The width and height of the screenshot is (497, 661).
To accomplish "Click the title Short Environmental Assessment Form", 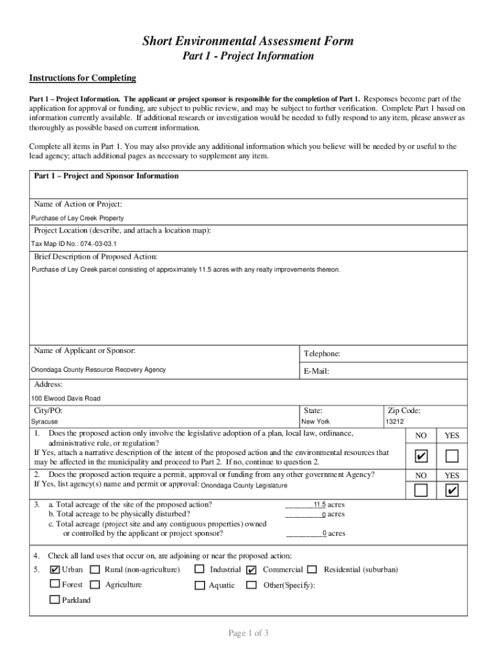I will tap(248, 41).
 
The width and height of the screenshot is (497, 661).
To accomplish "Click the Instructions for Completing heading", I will tap(83, 78).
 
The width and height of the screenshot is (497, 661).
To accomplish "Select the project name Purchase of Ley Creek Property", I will tap(77, 218).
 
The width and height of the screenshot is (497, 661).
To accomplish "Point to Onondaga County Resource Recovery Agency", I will tap(98, 370).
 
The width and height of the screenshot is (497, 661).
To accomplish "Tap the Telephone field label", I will tap(321, 354).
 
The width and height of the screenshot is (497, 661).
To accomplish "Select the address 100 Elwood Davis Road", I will tap(66, 398).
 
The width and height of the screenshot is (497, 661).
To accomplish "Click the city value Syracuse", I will tap(45, 422).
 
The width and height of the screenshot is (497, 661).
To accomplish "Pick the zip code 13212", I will tap(395, 422).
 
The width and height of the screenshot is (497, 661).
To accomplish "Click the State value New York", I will tap(316, 422).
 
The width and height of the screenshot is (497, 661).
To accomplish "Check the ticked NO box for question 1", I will tap(421, 457).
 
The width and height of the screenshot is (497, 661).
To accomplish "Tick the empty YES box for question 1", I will tap(452, 457).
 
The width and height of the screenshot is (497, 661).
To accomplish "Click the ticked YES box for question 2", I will tap(452, 491).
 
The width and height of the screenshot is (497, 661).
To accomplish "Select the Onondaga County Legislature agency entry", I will tap(244, 486).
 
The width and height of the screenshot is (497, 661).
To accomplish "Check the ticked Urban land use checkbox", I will tap(55, 570).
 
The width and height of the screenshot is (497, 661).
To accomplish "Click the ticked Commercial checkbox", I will tap(252, 570).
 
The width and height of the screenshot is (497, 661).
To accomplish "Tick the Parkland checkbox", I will tap(55, 600).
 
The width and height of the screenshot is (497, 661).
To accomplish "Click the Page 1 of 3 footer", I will tap(248, 633).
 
